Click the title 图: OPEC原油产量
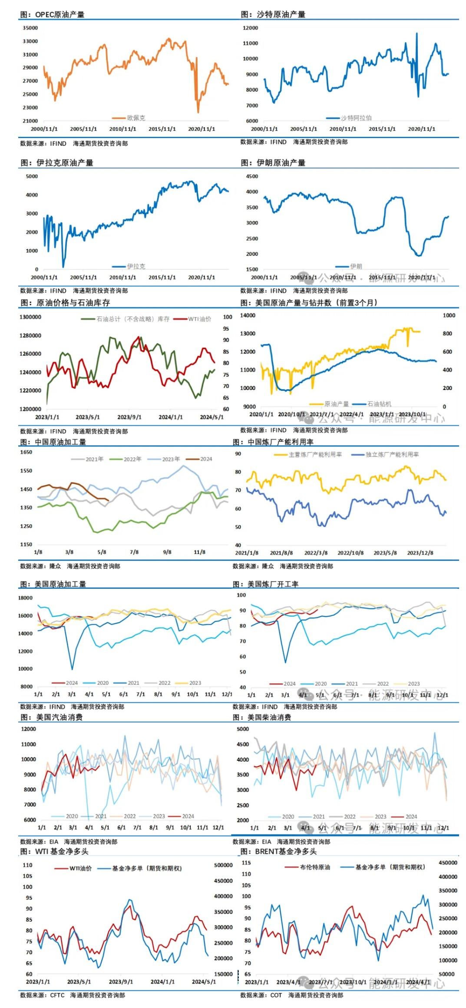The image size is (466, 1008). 52,14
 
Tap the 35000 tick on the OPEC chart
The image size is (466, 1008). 30,28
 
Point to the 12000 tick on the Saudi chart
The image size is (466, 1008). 251,28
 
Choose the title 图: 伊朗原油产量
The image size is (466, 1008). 273,163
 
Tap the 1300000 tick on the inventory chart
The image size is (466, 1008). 30,317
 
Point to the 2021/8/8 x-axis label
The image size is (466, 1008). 281,553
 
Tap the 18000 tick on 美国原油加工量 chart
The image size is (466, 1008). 25,598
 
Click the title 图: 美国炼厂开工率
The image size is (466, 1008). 266,584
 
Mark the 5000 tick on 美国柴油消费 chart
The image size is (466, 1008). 243,729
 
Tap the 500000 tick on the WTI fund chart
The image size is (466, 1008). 223,865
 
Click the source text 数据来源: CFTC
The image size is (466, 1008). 42,995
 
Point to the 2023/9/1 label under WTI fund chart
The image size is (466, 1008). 121,982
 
